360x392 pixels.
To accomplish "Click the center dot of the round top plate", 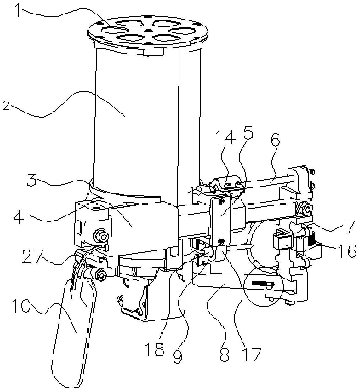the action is click(x=148, y=30).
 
